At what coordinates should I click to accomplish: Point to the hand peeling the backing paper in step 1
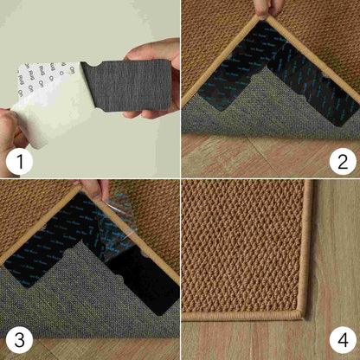point(10,130)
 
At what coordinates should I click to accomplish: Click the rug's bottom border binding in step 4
point(242,314)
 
